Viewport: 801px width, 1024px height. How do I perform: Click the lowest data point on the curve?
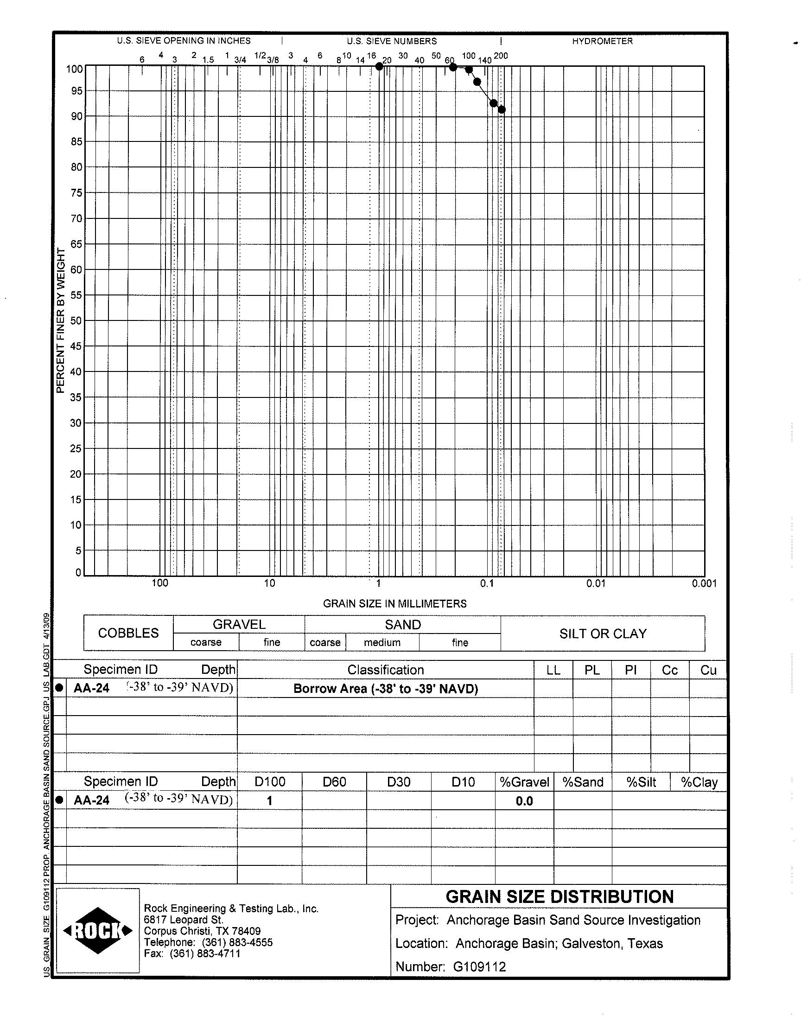pyautogui.click(x=502, y=110)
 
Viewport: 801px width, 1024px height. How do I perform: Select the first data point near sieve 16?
pyautogui.click(x=379, y=67)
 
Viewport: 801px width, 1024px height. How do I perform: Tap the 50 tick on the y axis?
pyautogui.click(x=76, y=321)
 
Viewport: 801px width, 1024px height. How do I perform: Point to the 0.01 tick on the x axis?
pyautogui.click(x=596, y=583)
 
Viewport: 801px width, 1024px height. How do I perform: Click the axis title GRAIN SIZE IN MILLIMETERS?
pyautogui.click(x=394, y=604)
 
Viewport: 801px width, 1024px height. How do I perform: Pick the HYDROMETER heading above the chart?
pyautogui.click(x=602, y=41)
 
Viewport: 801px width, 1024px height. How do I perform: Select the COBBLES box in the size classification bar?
pyautogui.click(x=128, y=633)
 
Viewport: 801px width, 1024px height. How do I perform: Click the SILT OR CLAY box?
pyautogui.click(x=603, y=634)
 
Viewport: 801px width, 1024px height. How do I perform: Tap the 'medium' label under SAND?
pyautogui.click(x=382, y=643)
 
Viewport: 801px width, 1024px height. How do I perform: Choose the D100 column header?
pyautogui.click(x=270, y=782)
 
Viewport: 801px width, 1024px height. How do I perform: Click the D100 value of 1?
pyautogui.click(x=270, y=801)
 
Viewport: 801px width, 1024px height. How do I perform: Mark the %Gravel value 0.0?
pyautogui.click(x=524, y=801)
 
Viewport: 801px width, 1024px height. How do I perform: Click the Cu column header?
pyautogui.click(x=708, y=670)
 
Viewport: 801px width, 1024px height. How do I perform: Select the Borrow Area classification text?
pyautogui.click(x=386, y=689)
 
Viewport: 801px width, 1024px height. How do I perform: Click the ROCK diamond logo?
pyautogui.click(x=98, y=931)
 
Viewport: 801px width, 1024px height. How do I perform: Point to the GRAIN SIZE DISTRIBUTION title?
pyautogui.click(x=559, y=897)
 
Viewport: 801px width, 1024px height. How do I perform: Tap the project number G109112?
pyautogui.click(x=479, y=967)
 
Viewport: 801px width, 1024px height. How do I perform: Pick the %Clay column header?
pyautogui.click(x=699, y=782)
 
